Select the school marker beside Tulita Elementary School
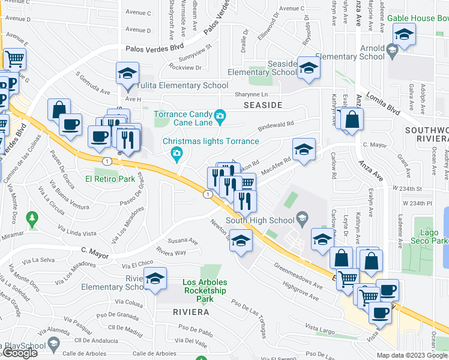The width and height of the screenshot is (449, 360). click(127, 74)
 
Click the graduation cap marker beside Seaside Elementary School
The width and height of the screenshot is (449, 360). click(309, 69)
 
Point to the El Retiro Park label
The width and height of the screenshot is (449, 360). click(110, 179)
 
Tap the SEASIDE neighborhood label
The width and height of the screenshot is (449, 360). click(263, 105)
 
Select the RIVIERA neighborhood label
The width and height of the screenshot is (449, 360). click(191, 312)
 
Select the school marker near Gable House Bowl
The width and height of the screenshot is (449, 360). click(405, 37)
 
